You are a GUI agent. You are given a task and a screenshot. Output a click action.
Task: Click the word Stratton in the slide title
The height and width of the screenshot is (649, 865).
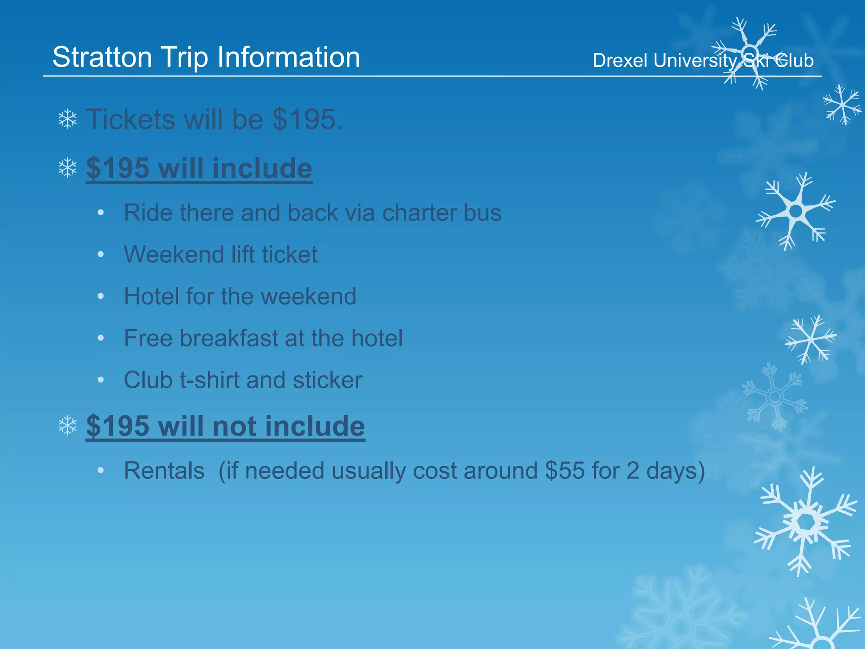click(102, 57)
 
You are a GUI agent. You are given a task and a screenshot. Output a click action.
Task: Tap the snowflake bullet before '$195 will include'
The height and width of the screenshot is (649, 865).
click(68, 168)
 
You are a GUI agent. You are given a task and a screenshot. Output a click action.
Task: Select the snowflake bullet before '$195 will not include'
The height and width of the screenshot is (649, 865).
click(68, 425)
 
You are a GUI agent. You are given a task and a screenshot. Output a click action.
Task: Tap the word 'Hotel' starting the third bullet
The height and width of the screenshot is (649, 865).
click(151, 296)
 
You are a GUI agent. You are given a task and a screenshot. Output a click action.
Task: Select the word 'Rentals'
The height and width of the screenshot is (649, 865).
click(164, 470)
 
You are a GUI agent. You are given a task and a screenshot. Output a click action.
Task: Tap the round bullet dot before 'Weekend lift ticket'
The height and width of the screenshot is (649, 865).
click(101, 254)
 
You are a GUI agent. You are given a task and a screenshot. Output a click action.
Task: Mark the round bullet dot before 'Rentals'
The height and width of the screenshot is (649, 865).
click(101, 470)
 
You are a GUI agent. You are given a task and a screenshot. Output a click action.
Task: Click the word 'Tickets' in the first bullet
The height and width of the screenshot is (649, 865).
click(131, 120)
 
